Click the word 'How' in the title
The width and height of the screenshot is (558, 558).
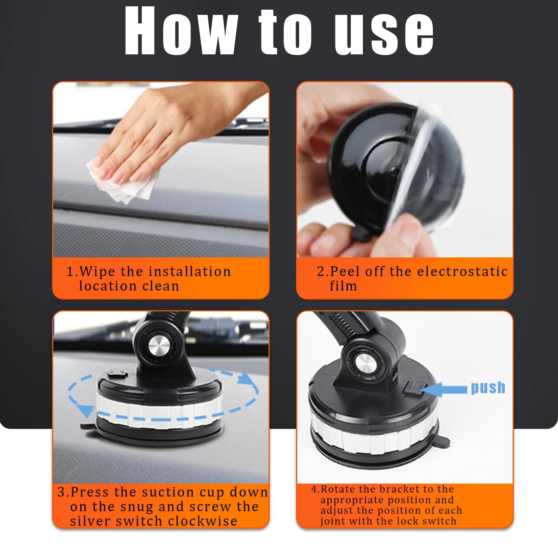181,31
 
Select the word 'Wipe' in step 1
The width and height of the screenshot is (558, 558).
97,272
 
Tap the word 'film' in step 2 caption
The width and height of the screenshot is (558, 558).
343,286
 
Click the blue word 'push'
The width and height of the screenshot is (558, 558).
488,388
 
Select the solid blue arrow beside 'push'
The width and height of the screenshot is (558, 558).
444,389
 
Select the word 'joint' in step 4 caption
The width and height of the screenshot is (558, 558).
332,521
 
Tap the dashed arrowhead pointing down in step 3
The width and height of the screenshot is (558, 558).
86,411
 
